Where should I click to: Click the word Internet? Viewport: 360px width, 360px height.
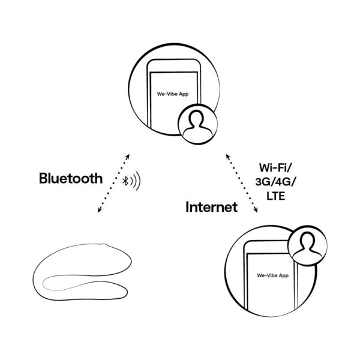pyautogui.click(x=212, y=208)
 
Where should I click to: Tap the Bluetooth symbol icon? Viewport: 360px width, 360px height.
pyautogui.click(x=125, y=181)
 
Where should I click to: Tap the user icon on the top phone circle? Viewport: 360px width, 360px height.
pyautogui.click(x=195, y=126)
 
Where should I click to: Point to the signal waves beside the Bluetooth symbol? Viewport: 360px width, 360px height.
pyautogui.click(x=136, y=181)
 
